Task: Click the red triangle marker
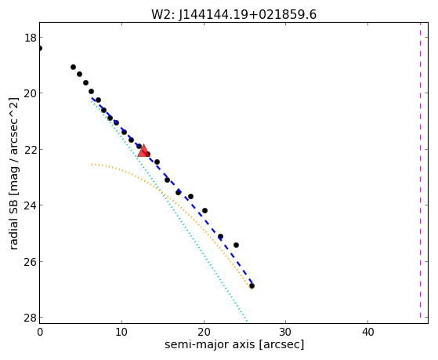(143, 151)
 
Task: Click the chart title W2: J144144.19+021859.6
(233, 14)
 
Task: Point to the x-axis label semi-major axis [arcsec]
(234, 344)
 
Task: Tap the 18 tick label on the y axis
(30, 38)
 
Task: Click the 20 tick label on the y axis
(30, 93)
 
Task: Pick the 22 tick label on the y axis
(30, 149)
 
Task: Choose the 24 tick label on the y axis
(30, 205)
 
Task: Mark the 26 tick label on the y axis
(30, 262)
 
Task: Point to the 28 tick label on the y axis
(30, 318)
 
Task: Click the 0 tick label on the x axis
(40, 332)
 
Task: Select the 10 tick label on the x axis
(121, 332)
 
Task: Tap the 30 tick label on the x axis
(286, 332)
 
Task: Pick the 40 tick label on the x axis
(368, 332)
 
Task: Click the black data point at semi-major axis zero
(40, 49)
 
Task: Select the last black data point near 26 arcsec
(252, 285)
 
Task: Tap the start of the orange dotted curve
(92, 165)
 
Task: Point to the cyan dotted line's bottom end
(248, 321)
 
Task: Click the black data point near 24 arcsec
(236, 245)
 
